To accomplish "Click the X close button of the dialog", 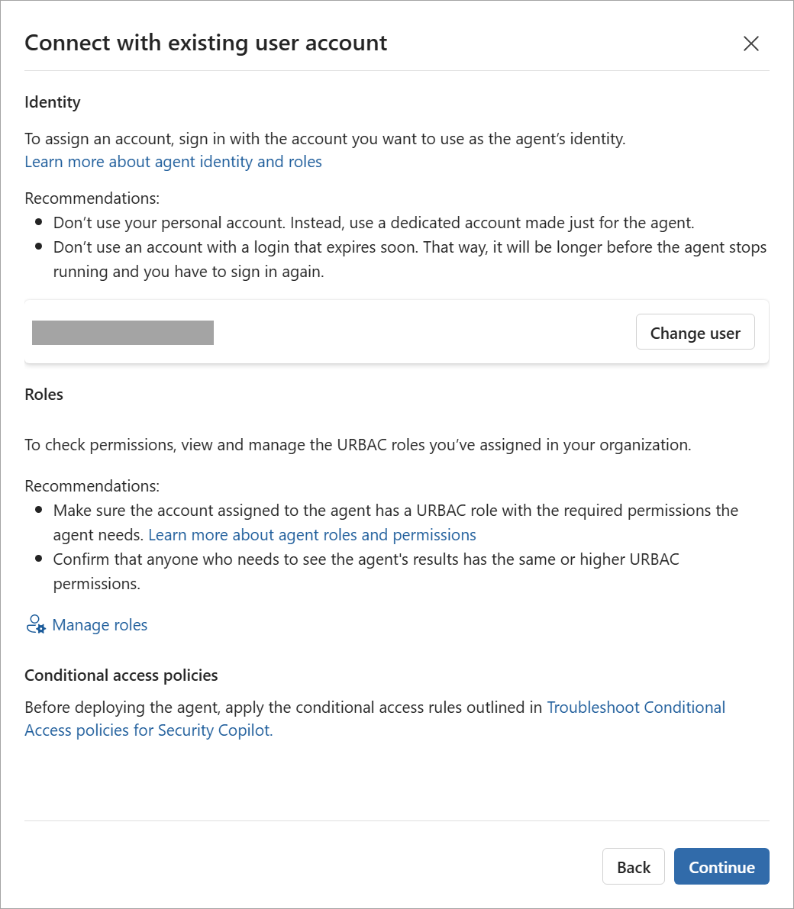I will [x=751, y=44].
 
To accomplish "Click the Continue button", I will [x=721, y=867].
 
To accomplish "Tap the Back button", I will [x=634, y=867].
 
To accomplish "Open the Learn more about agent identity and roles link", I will [x=173, y=162].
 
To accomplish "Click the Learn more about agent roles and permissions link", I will [x=312, y=535].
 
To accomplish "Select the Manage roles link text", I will [x=100, y=625].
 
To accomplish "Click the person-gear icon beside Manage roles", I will [x=35, y=625].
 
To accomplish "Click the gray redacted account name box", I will [x=123, y=333].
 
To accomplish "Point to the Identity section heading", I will [x=53, y=102].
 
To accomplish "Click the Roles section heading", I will [x=44, y=395].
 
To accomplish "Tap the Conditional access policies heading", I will [x=121, y=675].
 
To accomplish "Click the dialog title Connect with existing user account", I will [x=206, y=43].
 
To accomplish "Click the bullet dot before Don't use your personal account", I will [x=39, y=224].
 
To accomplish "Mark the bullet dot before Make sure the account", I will [x=39, y=511].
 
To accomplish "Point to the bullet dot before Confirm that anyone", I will [x=39, y=559].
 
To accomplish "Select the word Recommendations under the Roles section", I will [x=92, y=486].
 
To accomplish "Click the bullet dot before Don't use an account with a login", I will [x=39, y=248].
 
